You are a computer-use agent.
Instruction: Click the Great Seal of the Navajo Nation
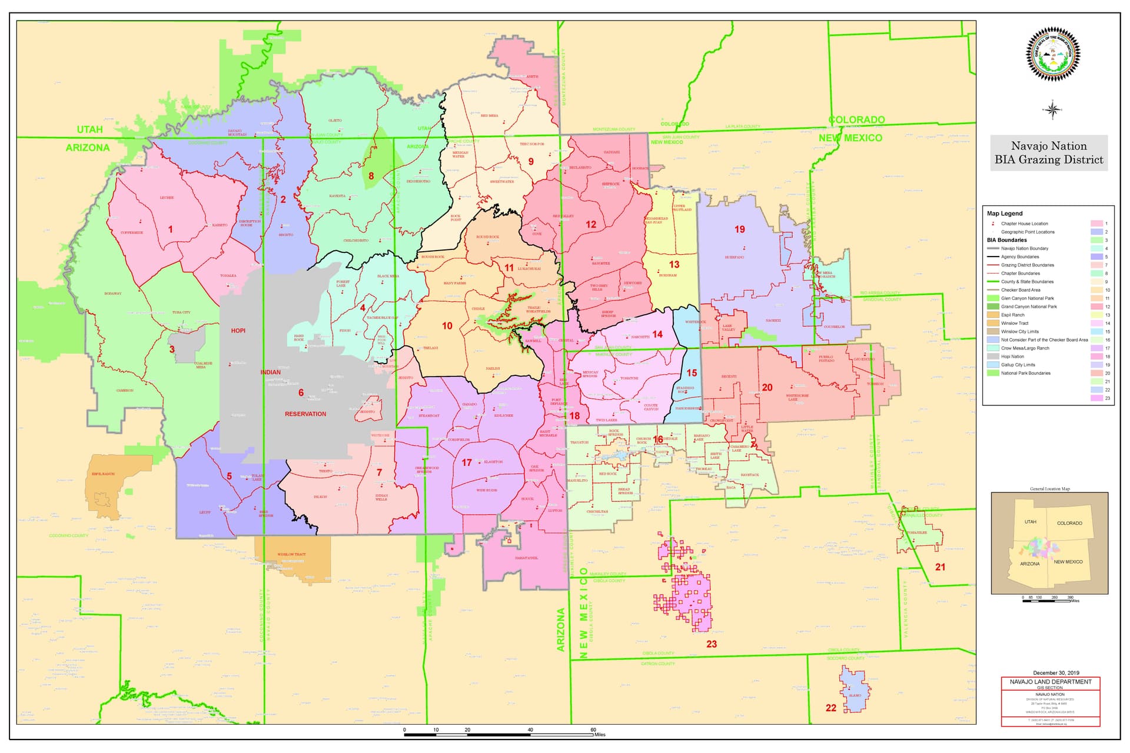(x=1053, y=54)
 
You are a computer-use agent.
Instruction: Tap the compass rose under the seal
(x=1052, y=109)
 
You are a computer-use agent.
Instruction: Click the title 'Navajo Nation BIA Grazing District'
(x=1049, y=153)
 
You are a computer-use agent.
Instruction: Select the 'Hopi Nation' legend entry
(x=1012, y=356)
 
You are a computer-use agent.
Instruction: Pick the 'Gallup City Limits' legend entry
(x=1018, y=365)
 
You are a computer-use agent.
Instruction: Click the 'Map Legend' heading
(x=1005, y=214)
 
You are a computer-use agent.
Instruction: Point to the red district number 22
(x=830, y=708)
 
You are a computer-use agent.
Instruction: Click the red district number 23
(x=712, y=644)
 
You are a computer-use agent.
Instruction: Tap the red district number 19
(x=740, y=229)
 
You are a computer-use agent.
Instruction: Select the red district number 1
(x=171, y=229)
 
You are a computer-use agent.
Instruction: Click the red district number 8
(x=371, y=175)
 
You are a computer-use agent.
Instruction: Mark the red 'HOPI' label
(x=238, y=331)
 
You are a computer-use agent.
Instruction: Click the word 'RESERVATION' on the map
(x=305, y=414)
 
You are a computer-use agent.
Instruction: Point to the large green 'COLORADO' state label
(x=856, y=120)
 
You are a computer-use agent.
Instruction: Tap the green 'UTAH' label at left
(x=89, y=129)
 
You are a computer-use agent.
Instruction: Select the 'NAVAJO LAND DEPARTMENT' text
(x=1051, y=682)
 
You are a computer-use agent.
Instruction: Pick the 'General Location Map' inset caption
(x=1050, y=489)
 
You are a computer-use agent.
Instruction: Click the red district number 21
(x=940, y=567)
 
